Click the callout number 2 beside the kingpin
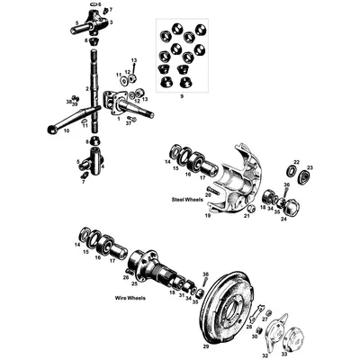[x=87, y=89]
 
